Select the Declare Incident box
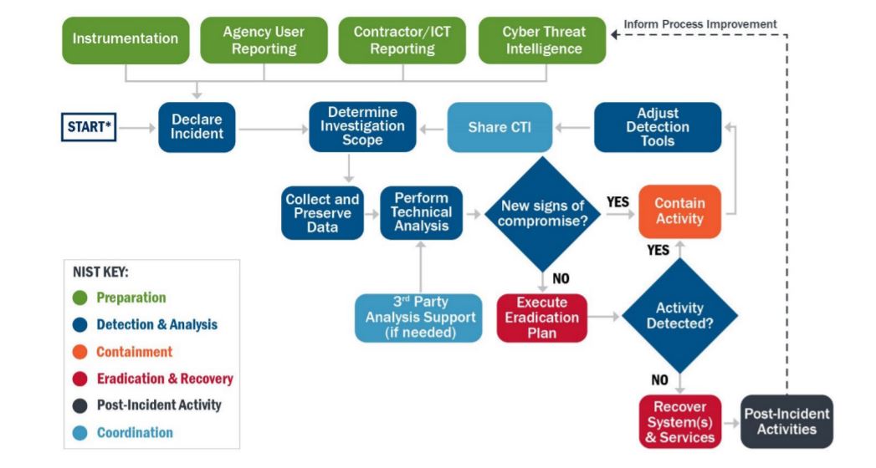197,128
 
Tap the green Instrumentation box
126,39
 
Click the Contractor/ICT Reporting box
403,39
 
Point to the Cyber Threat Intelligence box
542,39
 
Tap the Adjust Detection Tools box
658,127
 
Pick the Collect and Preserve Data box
322,213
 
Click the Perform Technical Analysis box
422,213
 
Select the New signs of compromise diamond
543,213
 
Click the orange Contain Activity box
679,212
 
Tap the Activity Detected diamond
679,316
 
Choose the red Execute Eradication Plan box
541,318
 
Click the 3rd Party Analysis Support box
418,318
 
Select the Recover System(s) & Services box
679,421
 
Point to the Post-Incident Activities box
786,421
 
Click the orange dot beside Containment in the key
79,352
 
